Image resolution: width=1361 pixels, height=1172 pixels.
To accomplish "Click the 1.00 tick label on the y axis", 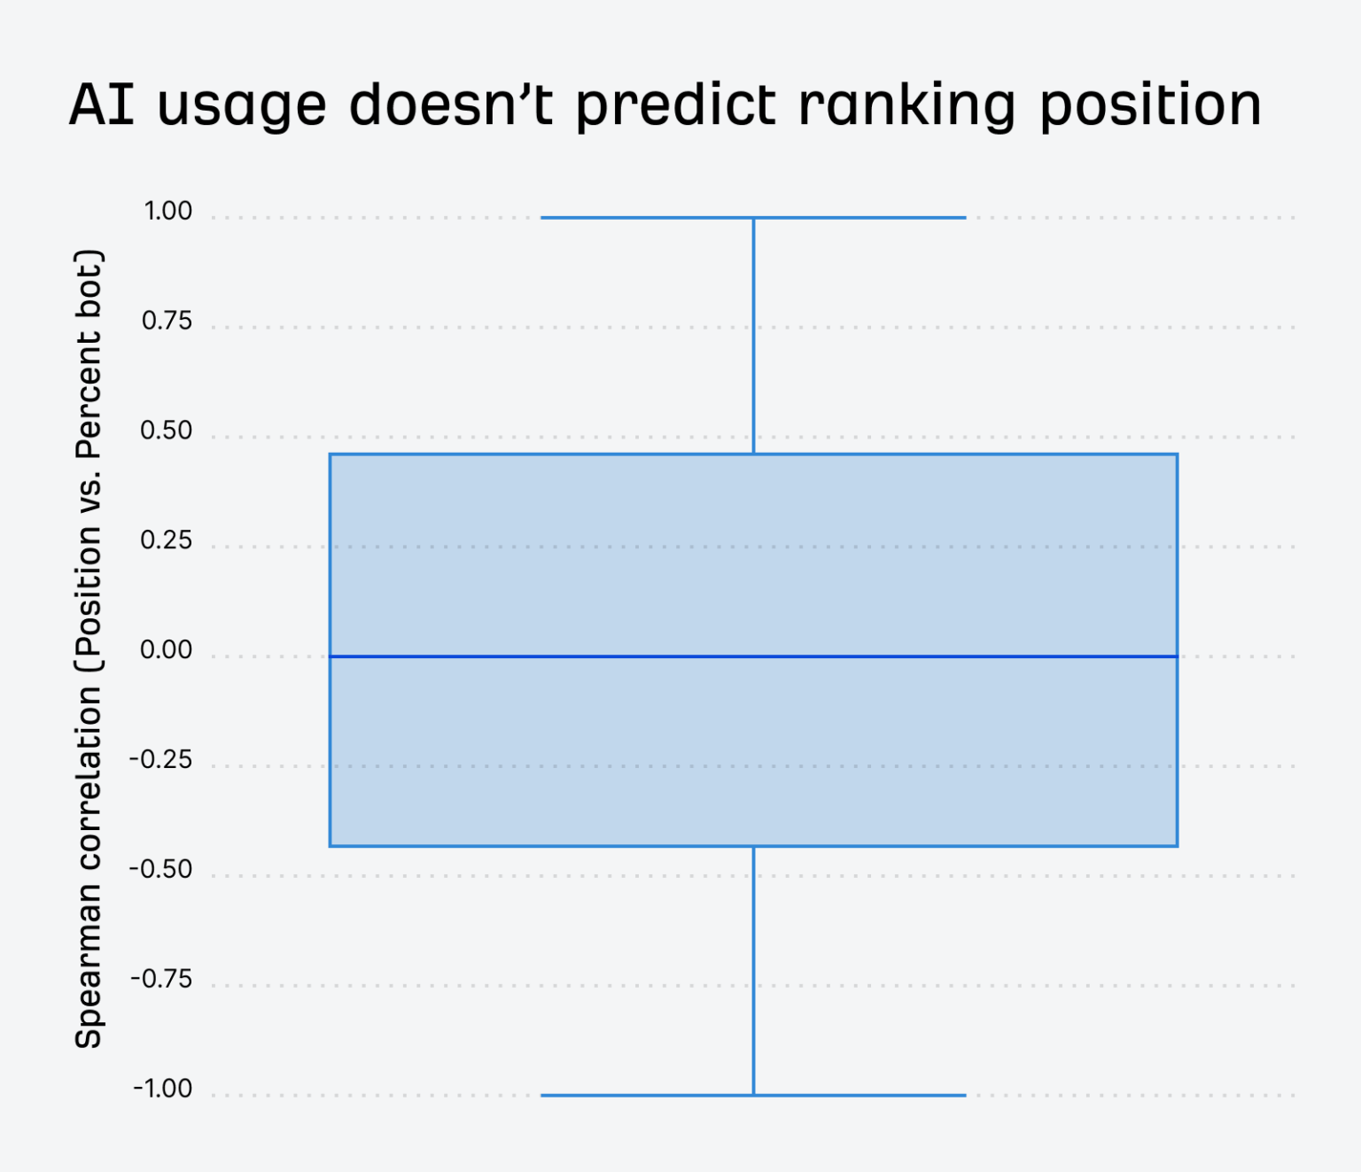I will point(168,212).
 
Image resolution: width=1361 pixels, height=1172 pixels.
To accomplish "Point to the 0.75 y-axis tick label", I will point(167,322).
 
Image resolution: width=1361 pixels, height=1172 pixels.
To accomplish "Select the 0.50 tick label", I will point(167,431).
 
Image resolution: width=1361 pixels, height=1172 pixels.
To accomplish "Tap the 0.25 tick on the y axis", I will point(167,540).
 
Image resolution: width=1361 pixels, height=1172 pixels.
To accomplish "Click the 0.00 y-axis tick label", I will point(167,650).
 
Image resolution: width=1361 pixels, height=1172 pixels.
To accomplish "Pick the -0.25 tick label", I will point(161,760).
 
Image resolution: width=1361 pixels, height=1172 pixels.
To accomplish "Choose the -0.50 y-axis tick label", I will point(161,870).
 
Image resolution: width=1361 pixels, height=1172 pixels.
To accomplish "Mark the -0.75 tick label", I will point(161,980).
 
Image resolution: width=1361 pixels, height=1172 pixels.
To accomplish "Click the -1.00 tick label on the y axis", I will point(163,1089).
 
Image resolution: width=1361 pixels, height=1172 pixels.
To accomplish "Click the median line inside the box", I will point(753,656).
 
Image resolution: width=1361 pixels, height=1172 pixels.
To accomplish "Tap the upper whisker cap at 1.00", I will point(753,217).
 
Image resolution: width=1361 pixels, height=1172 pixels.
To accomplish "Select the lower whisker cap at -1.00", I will point(753,1095).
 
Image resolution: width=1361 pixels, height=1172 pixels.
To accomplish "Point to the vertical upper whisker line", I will point(753,337).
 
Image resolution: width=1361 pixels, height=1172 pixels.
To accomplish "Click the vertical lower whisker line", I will point(753,970).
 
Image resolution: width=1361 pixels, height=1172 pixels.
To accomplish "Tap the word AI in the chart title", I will point(102,105).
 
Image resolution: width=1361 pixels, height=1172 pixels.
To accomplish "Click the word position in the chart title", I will point(1150,106).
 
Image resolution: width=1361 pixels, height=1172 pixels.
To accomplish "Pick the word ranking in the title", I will point(906,106).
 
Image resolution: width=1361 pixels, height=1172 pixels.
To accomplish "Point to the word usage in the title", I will point(242,108).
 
